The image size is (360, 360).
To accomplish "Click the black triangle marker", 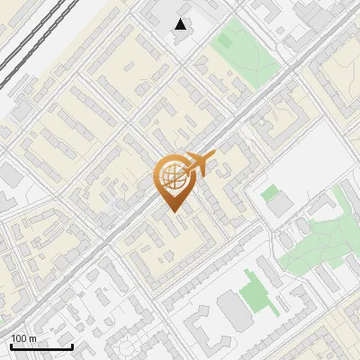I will point(181,24).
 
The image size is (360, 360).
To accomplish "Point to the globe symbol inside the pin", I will point(173,175).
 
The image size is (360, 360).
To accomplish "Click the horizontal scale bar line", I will point(41,347).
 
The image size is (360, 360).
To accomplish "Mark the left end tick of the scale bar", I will point(11,346).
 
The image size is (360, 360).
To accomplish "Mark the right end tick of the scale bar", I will point(72,346).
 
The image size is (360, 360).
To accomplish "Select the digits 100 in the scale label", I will point(18,338).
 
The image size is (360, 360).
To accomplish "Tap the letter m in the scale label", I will point(32,338).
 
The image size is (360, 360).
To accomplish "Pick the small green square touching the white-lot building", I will point(268,192).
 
